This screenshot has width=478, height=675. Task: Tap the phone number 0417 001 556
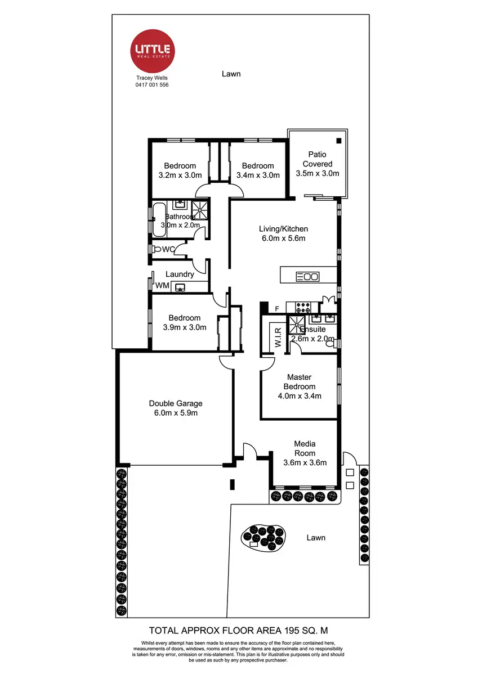(152, 85)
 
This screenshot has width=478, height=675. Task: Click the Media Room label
(305, 448)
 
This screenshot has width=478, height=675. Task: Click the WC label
(168, 249)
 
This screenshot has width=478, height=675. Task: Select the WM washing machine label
(162, 286)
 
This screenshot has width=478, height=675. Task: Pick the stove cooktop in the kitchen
(304, 308)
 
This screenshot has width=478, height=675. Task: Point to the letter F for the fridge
(277, 309)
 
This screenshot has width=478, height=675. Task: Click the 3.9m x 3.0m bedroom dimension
(184, 327)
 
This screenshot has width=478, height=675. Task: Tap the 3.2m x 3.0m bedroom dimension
(180, 175)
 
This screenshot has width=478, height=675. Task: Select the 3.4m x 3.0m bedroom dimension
(258, 175)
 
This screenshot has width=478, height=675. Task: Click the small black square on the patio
(339, 141)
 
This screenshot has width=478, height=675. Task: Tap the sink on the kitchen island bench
(308, 276)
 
